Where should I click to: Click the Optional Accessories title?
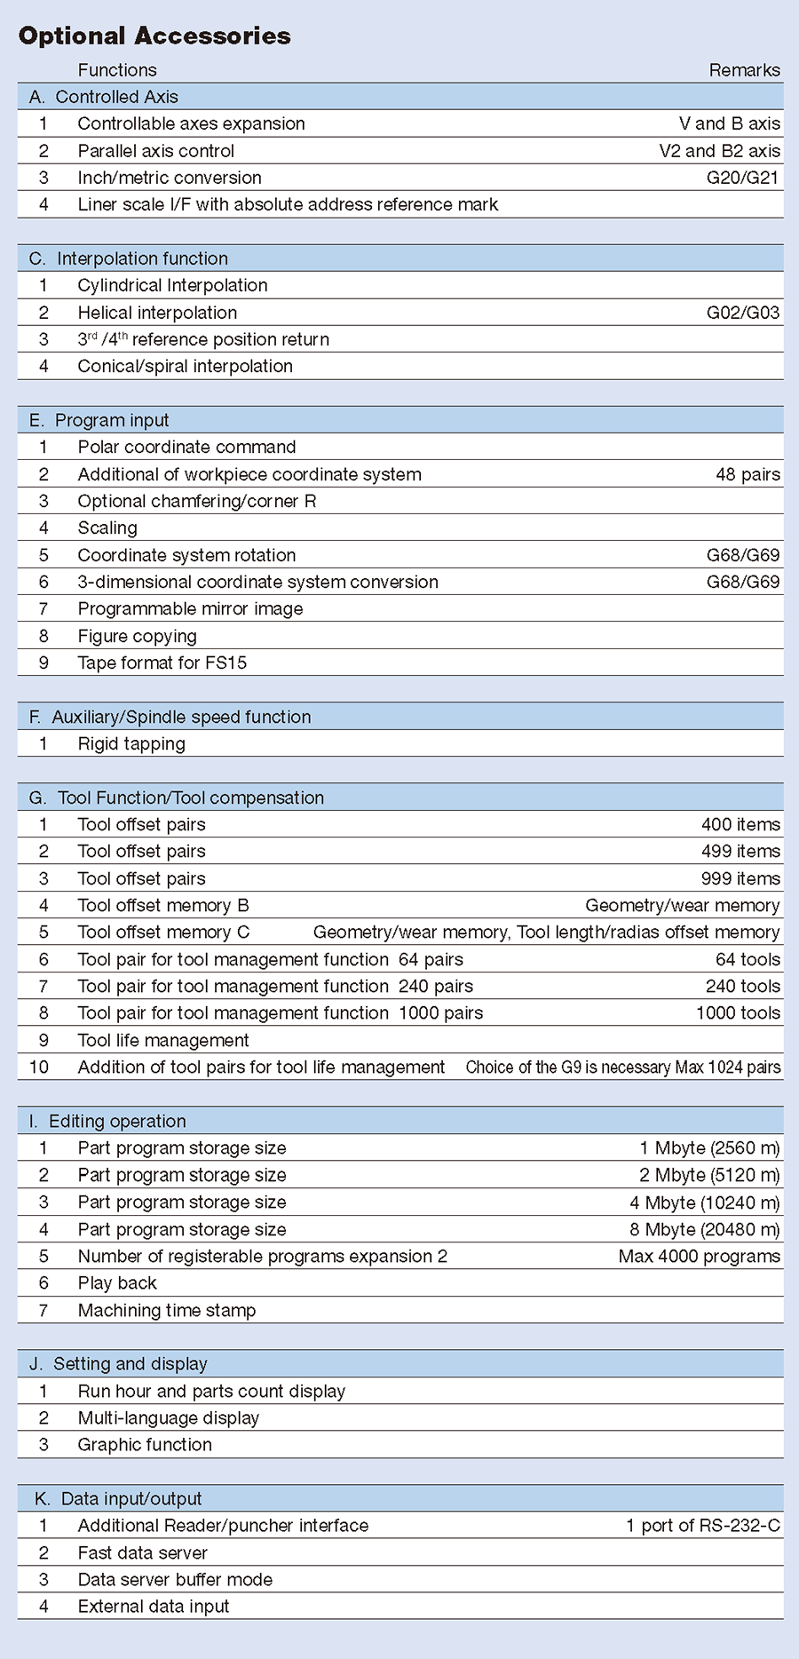154,36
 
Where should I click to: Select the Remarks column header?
744,70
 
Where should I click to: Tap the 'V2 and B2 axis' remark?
719,151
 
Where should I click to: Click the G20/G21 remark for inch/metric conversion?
742,178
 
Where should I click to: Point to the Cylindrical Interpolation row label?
172,285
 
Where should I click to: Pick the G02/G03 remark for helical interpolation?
742,313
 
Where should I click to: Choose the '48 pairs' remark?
748,474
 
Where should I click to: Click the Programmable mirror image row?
190,608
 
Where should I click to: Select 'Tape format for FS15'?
162,663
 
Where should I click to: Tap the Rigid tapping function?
131,743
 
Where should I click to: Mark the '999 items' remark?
740,878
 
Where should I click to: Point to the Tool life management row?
163,1040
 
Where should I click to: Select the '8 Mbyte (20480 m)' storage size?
704,1229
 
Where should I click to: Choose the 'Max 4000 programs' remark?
699,1256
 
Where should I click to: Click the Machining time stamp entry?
167,1310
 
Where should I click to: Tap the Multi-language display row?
169,1417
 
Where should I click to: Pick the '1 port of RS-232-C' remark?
702,1525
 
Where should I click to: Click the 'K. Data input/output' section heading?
118,1498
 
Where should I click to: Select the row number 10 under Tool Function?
39,1067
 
